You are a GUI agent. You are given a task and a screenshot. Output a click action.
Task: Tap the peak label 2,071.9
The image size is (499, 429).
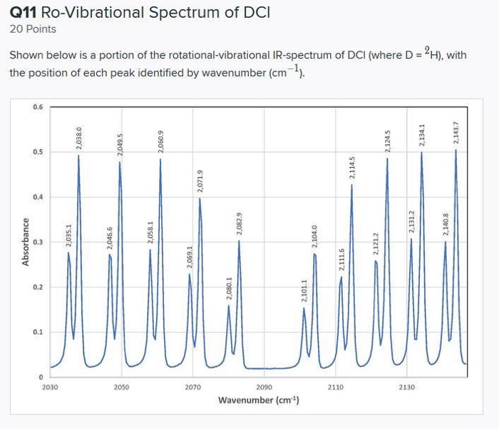(200, 182)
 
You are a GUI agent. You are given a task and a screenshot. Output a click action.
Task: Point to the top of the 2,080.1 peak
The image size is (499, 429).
(229, 306)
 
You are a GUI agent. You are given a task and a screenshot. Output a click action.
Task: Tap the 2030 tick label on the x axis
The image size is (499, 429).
(51, 387)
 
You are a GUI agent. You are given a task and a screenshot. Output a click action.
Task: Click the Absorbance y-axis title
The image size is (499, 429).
(26, 242)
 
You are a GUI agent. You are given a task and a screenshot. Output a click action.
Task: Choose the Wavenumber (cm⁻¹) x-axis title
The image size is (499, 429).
(258, 400)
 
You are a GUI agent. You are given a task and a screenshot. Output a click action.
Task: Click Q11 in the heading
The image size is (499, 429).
(24, 13)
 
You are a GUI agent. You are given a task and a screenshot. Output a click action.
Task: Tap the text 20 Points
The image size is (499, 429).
(33, 29)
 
